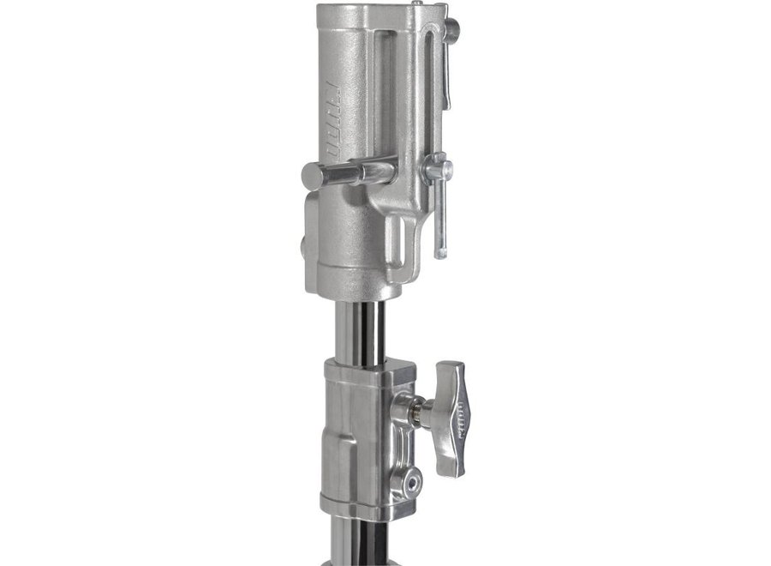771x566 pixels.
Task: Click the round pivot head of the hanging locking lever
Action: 439,166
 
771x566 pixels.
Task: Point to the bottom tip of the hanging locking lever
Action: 440,252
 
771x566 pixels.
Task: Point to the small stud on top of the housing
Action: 415,4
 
